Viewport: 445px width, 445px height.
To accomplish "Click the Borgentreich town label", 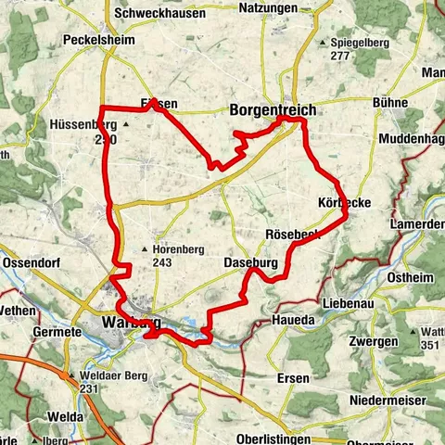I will [272, 110].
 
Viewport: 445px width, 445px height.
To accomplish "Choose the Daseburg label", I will [250, 264].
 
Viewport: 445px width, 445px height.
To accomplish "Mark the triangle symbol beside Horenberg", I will [144, 249].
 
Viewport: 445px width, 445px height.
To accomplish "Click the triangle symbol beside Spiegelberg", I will [323, 43].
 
